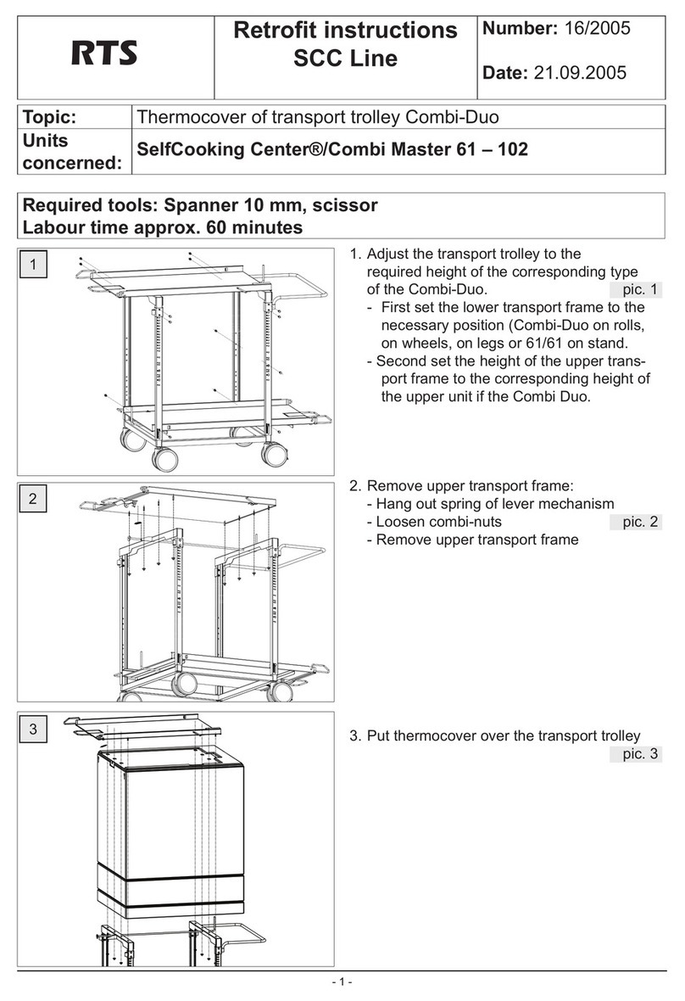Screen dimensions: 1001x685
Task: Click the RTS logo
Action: click(104, 55)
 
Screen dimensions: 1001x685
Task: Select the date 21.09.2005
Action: click(580, 73)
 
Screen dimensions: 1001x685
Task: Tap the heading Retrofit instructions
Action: click(345, 31)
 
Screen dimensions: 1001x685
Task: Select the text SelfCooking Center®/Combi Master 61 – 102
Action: click(332, 150)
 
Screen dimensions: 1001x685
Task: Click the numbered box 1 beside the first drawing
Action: click(32, 265)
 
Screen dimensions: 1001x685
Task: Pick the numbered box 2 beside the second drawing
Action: click(32, 499)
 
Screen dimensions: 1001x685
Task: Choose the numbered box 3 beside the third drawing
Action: click(32, 729)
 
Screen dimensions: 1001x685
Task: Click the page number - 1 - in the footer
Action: click(342, 982)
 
